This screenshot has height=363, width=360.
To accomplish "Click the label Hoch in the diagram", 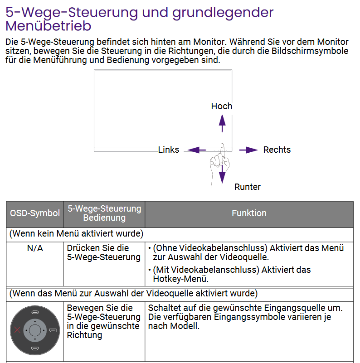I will pos(221,106).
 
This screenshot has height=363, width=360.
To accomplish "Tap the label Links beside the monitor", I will pos(169,150).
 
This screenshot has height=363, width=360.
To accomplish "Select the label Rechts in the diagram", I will pos(277,150).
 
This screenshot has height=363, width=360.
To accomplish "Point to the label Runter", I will pos(247,187).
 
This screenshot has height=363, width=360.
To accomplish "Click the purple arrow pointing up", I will pos(222,123).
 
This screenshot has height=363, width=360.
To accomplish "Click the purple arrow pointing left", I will pos(197,150).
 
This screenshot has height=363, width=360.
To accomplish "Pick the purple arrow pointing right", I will pos(248,150).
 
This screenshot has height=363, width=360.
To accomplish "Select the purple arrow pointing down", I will pos(222,174).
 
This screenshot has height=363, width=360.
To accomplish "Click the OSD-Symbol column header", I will pos(35,213).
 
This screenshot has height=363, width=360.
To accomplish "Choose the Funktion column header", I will pos(249,213).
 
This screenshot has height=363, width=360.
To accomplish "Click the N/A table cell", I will pos(35,248).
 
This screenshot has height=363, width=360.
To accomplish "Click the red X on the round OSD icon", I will pos(18,329).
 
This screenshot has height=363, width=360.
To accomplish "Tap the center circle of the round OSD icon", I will pos(35,329).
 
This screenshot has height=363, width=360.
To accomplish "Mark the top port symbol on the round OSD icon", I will pos(35,312).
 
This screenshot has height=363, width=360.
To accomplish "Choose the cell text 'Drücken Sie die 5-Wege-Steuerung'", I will pos(103,253).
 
